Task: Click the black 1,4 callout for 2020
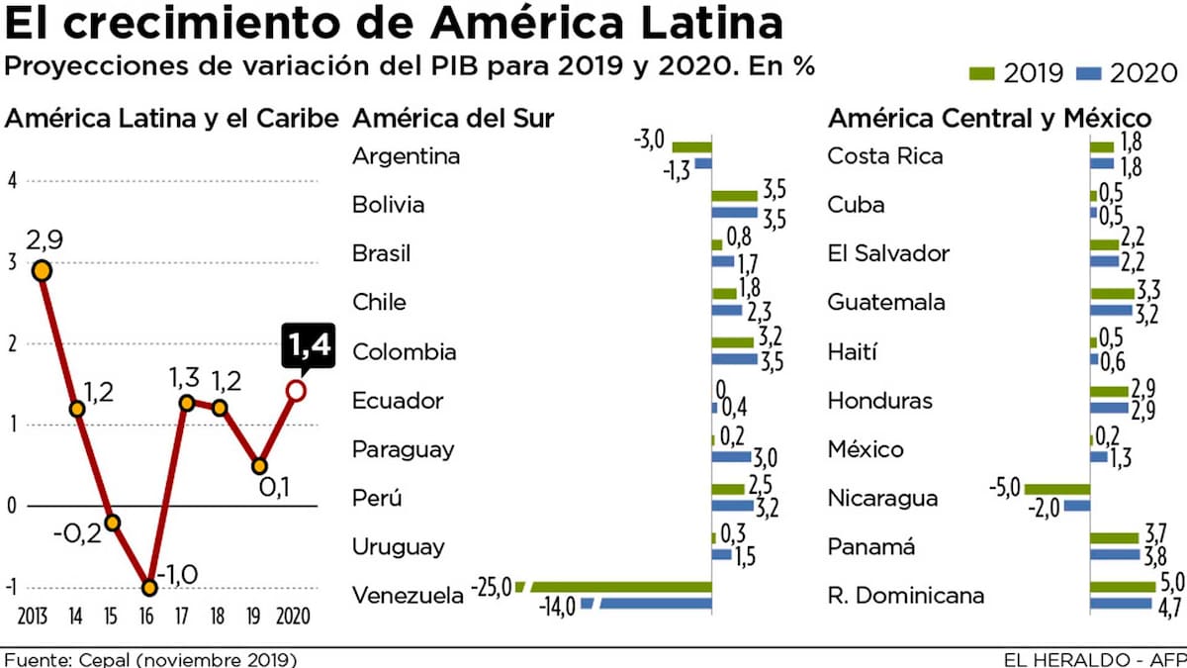[x=308, y=345]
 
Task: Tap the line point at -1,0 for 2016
[x=149, y=588]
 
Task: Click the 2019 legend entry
[x=1016, y=72]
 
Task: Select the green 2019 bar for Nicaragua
[x=1056, y=489]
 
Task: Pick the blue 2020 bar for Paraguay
[x=731, y=457]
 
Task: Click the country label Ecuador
[x=398, y=401]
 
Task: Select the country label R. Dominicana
[x=905, y=596]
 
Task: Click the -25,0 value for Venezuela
[x=493, y=588]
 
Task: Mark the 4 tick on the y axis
[x=12, y=181]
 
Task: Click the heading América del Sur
[x=452, y=119]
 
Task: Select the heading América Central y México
[x=989, y=119]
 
